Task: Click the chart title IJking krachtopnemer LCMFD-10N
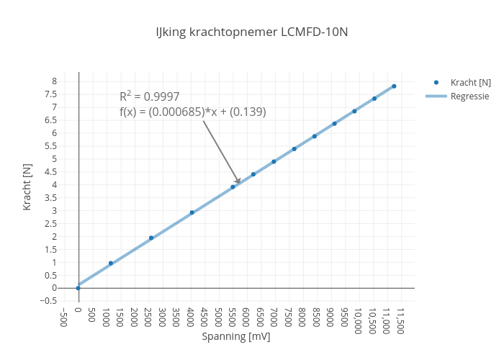pyautogui.click(x=252, y=32)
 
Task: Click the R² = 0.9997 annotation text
pyautogui.click(x=150, y=96)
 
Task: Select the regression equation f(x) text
pyautogui.click(x=193, y=112)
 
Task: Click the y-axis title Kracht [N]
pyautogui.click(x=27, y=186)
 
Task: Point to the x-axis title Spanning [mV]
pyautogui.click(x=236, y=336)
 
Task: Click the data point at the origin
pyautogui.click(x=78, y=288)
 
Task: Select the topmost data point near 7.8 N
pyautogui.click(x=394, y=86)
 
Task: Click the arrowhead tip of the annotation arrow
pyautogui.click(x=240, y=184)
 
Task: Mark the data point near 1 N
pyautogui.click(x=111, y=264)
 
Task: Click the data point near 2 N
pyautogui.click(x=151, y=238)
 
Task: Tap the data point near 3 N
pyautogui.click(x=192, y=212)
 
